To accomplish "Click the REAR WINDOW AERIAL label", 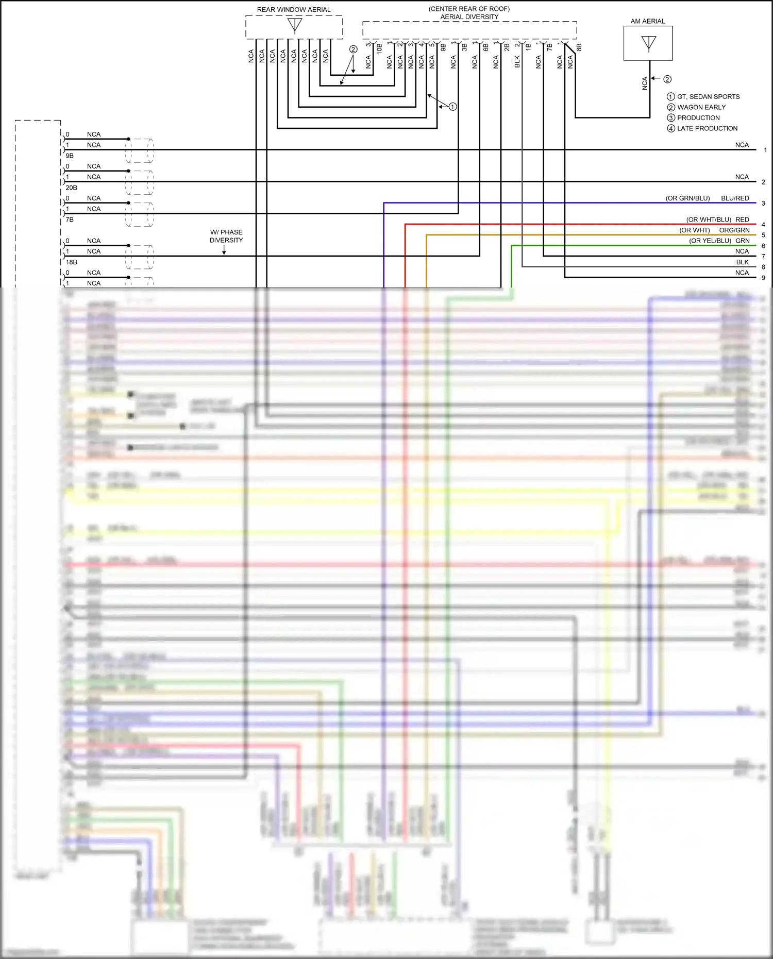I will coord(294,10).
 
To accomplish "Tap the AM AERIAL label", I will coord(648,21).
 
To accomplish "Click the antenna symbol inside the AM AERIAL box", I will coord(648,43).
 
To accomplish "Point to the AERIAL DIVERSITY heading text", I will coord(469,17).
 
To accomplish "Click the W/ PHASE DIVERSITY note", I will coord(226,236).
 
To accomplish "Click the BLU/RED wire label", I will coord(735,198).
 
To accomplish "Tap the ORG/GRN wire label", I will coord(734,230).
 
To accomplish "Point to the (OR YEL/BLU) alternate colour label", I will coord(710,241).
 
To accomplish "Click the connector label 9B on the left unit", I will coord(70,156).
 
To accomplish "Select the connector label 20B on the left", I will coord(71,188).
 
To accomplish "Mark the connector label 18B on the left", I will coord(71,262).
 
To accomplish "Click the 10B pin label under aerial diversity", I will coord(379,49).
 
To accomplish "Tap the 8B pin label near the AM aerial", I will coord(579,47).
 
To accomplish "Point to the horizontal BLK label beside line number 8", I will coord(742,262).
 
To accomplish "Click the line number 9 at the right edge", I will coord(763,278).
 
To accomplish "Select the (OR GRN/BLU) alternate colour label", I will coord(687,198).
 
